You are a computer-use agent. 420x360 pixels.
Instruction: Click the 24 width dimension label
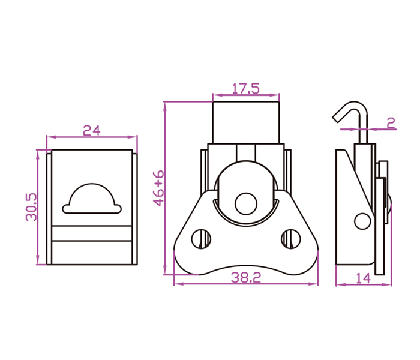coord(92,130)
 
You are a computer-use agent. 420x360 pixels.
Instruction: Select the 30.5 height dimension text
coord(31,207)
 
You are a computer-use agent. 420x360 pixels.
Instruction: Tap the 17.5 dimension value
coord(245,89)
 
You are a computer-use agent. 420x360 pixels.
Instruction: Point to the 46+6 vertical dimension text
coord(158,188)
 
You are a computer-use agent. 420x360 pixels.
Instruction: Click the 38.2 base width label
coord(246,277)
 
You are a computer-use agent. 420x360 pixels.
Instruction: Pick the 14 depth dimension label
coord(363,278)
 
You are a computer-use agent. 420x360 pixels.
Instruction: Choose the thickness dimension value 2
coord(391,123)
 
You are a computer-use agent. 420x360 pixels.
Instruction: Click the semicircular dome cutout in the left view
coord(92,199)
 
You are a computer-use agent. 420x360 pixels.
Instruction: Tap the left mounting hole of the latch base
coord(201,239)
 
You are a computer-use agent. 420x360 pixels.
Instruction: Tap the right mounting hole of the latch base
coord(291,239)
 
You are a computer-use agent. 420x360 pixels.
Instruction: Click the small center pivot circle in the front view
coord(246,203)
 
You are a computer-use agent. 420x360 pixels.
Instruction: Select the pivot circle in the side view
coord(362,221)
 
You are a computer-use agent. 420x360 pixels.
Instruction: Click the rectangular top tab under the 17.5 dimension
coord(246,122)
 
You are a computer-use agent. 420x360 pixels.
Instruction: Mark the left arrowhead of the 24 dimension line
coord(50,137)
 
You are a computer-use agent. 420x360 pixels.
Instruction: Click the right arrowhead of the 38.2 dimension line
coord(314,284)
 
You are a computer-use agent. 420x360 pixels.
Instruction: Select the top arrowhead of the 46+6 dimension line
coord(165,106)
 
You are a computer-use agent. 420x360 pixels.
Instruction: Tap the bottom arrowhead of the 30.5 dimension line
coord(37,260)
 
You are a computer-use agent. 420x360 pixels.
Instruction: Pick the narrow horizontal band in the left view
coord(92,233)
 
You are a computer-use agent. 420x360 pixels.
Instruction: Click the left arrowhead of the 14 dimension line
coord(340,284)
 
